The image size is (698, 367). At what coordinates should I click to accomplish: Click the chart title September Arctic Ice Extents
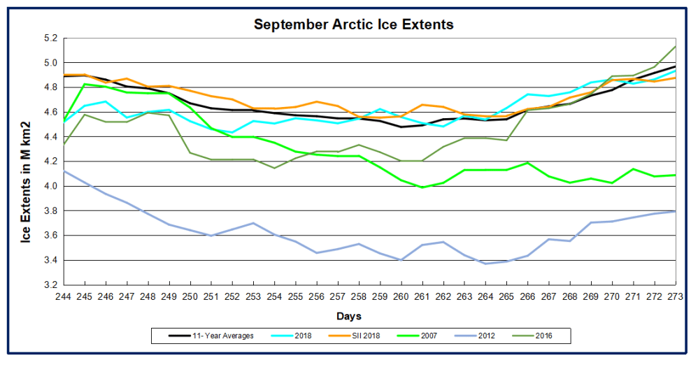click(353, 24)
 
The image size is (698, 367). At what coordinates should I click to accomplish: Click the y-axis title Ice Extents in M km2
click(25, 163)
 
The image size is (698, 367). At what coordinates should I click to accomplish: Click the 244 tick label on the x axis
click(64, 296)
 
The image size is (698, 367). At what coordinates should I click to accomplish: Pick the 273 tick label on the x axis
click(676, 296)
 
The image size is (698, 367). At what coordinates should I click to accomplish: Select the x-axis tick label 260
click(401, 296)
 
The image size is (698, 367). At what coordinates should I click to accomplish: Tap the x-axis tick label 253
click(254, 296)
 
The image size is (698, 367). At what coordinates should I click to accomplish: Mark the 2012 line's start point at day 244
click(64, 171)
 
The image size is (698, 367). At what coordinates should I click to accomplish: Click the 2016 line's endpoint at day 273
click(676, 47)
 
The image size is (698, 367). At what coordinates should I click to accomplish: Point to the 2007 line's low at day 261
click(422, 187)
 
